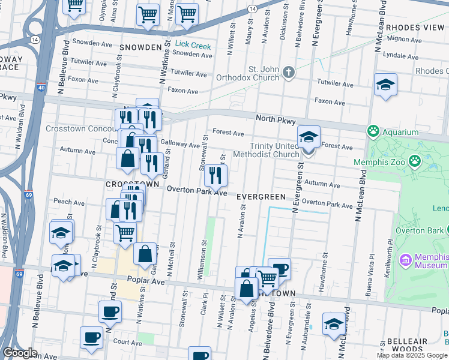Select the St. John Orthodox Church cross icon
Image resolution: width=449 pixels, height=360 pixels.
click(x=289, y=73)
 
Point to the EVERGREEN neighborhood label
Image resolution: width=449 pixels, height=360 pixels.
click(x=261, y=197)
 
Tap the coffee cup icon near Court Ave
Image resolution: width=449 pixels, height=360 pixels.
click(x=91, y=337)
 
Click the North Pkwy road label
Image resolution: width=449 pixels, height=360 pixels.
click(x=276, y=121)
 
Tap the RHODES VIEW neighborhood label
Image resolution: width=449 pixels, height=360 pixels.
click(x=415, y=28)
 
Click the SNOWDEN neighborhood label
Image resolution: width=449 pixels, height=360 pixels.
click(x=141, y=47)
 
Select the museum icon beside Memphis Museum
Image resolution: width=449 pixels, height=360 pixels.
click(x=405, y=260)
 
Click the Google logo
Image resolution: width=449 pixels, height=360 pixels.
click(x=20, y=353)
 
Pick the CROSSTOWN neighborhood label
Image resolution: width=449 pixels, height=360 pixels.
click(x=132, y=184)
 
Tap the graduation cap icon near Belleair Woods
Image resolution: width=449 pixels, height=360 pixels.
click(x=334, y=324)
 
